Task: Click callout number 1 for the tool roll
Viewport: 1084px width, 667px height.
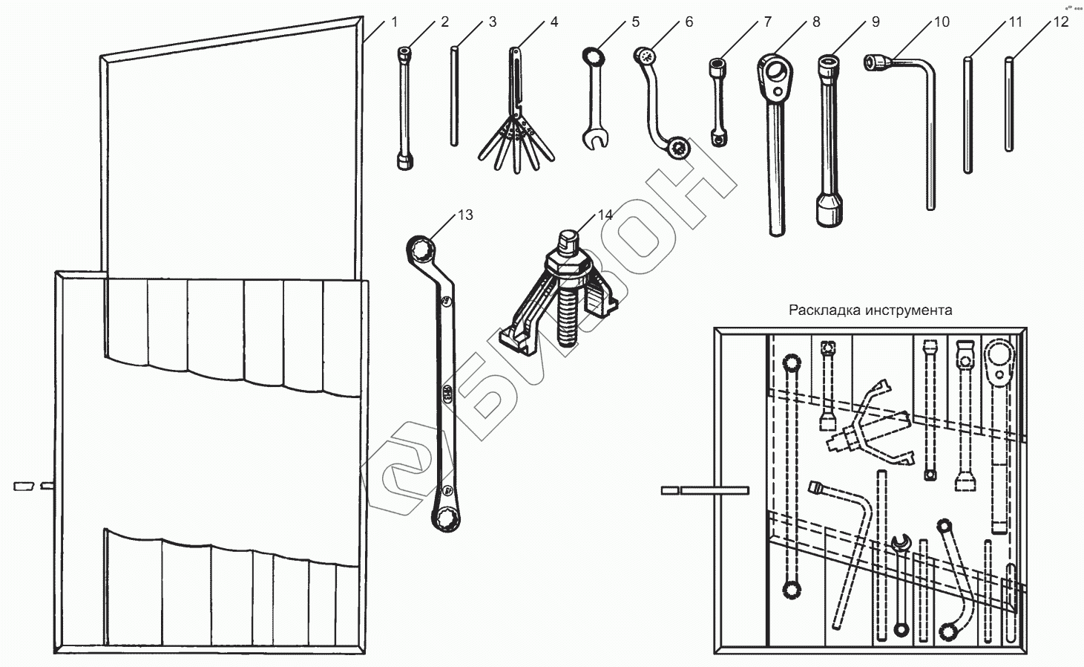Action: point(394,22)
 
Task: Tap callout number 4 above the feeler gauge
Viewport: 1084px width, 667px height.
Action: point(554,22)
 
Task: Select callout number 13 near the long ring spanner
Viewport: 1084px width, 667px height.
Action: point(465,215)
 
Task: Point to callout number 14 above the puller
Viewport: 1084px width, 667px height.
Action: point(605,215)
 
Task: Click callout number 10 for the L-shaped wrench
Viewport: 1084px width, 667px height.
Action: point(941,22)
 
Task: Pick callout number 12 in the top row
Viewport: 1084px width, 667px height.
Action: point(1061,22)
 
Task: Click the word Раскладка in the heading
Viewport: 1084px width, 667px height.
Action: point(824,310)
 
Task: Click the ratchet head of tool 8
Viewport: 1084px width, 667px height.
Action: point(777,74)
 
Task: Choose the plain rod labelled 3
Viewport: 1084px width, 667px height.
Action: point(453,97)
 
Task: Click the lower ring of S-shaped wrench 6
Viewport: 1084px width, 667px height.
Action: point(678,149)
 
